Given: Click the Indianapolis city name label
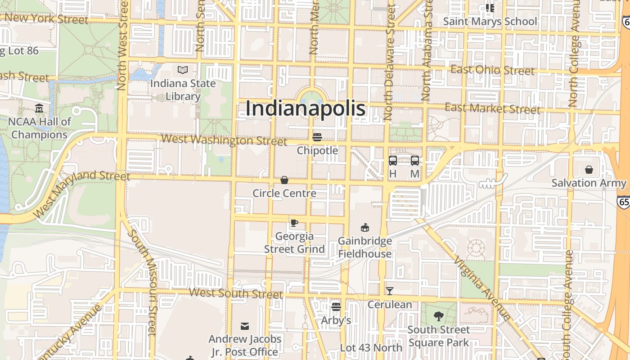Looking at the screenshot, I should tap(306, 109).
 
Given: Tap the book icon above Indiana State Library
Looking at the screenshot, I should tap(183, 70).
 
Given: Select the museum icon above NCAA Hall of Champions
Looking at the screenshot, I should tap(39, 108).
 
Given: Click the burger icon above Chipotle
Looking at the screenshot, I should tap(317, 137).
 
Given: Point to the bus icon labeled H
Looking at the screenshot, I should tap(392, 161).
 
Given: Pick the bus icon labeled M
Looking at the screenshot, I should tap(415, 161).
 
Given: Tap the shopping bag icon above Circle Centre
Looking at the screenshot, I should tap(284, 180).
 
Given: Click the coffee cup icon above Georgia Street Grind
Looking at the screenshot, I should tap(294, 223).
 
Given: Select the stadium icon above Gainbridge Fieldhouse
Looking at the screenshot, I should tap(365, 228).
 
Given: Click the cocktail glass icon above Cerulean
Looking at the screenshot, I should tap(390, 291).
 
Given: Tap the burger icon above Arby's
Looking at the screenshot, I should tap(336, 307).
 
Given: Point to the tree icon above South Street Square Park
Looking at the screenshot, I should tap(438, 316).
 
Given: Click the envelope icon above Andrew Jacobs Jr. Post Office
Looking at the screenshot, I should tap(245, 326).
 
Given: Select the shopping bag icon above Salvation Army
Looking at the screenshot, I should tap(589, 170).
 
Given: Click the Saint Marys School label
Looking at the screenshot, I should tap(490, 21).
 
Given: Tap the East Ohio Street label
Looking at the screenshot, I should tap(492, 70).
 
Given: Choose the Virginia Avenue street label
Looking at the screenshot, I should tap(481, 288).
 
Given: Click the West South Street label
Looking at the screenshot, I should tap(236, 293).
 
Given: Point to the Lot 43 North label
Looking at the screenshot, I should tap(371, 347).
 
